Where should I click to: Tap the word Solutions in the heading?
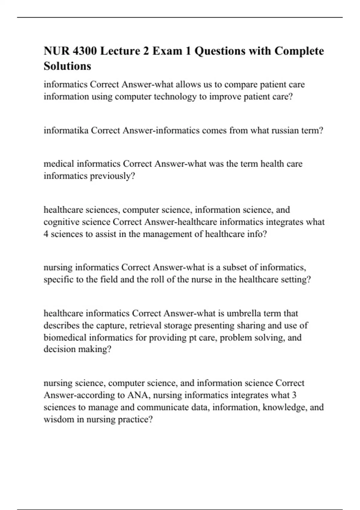[67, 66]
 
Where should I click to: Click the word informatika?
[66, 130]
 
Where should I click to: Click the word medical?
[59, 164]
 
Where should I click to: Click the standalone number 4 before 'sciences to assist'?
[46, 234]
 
